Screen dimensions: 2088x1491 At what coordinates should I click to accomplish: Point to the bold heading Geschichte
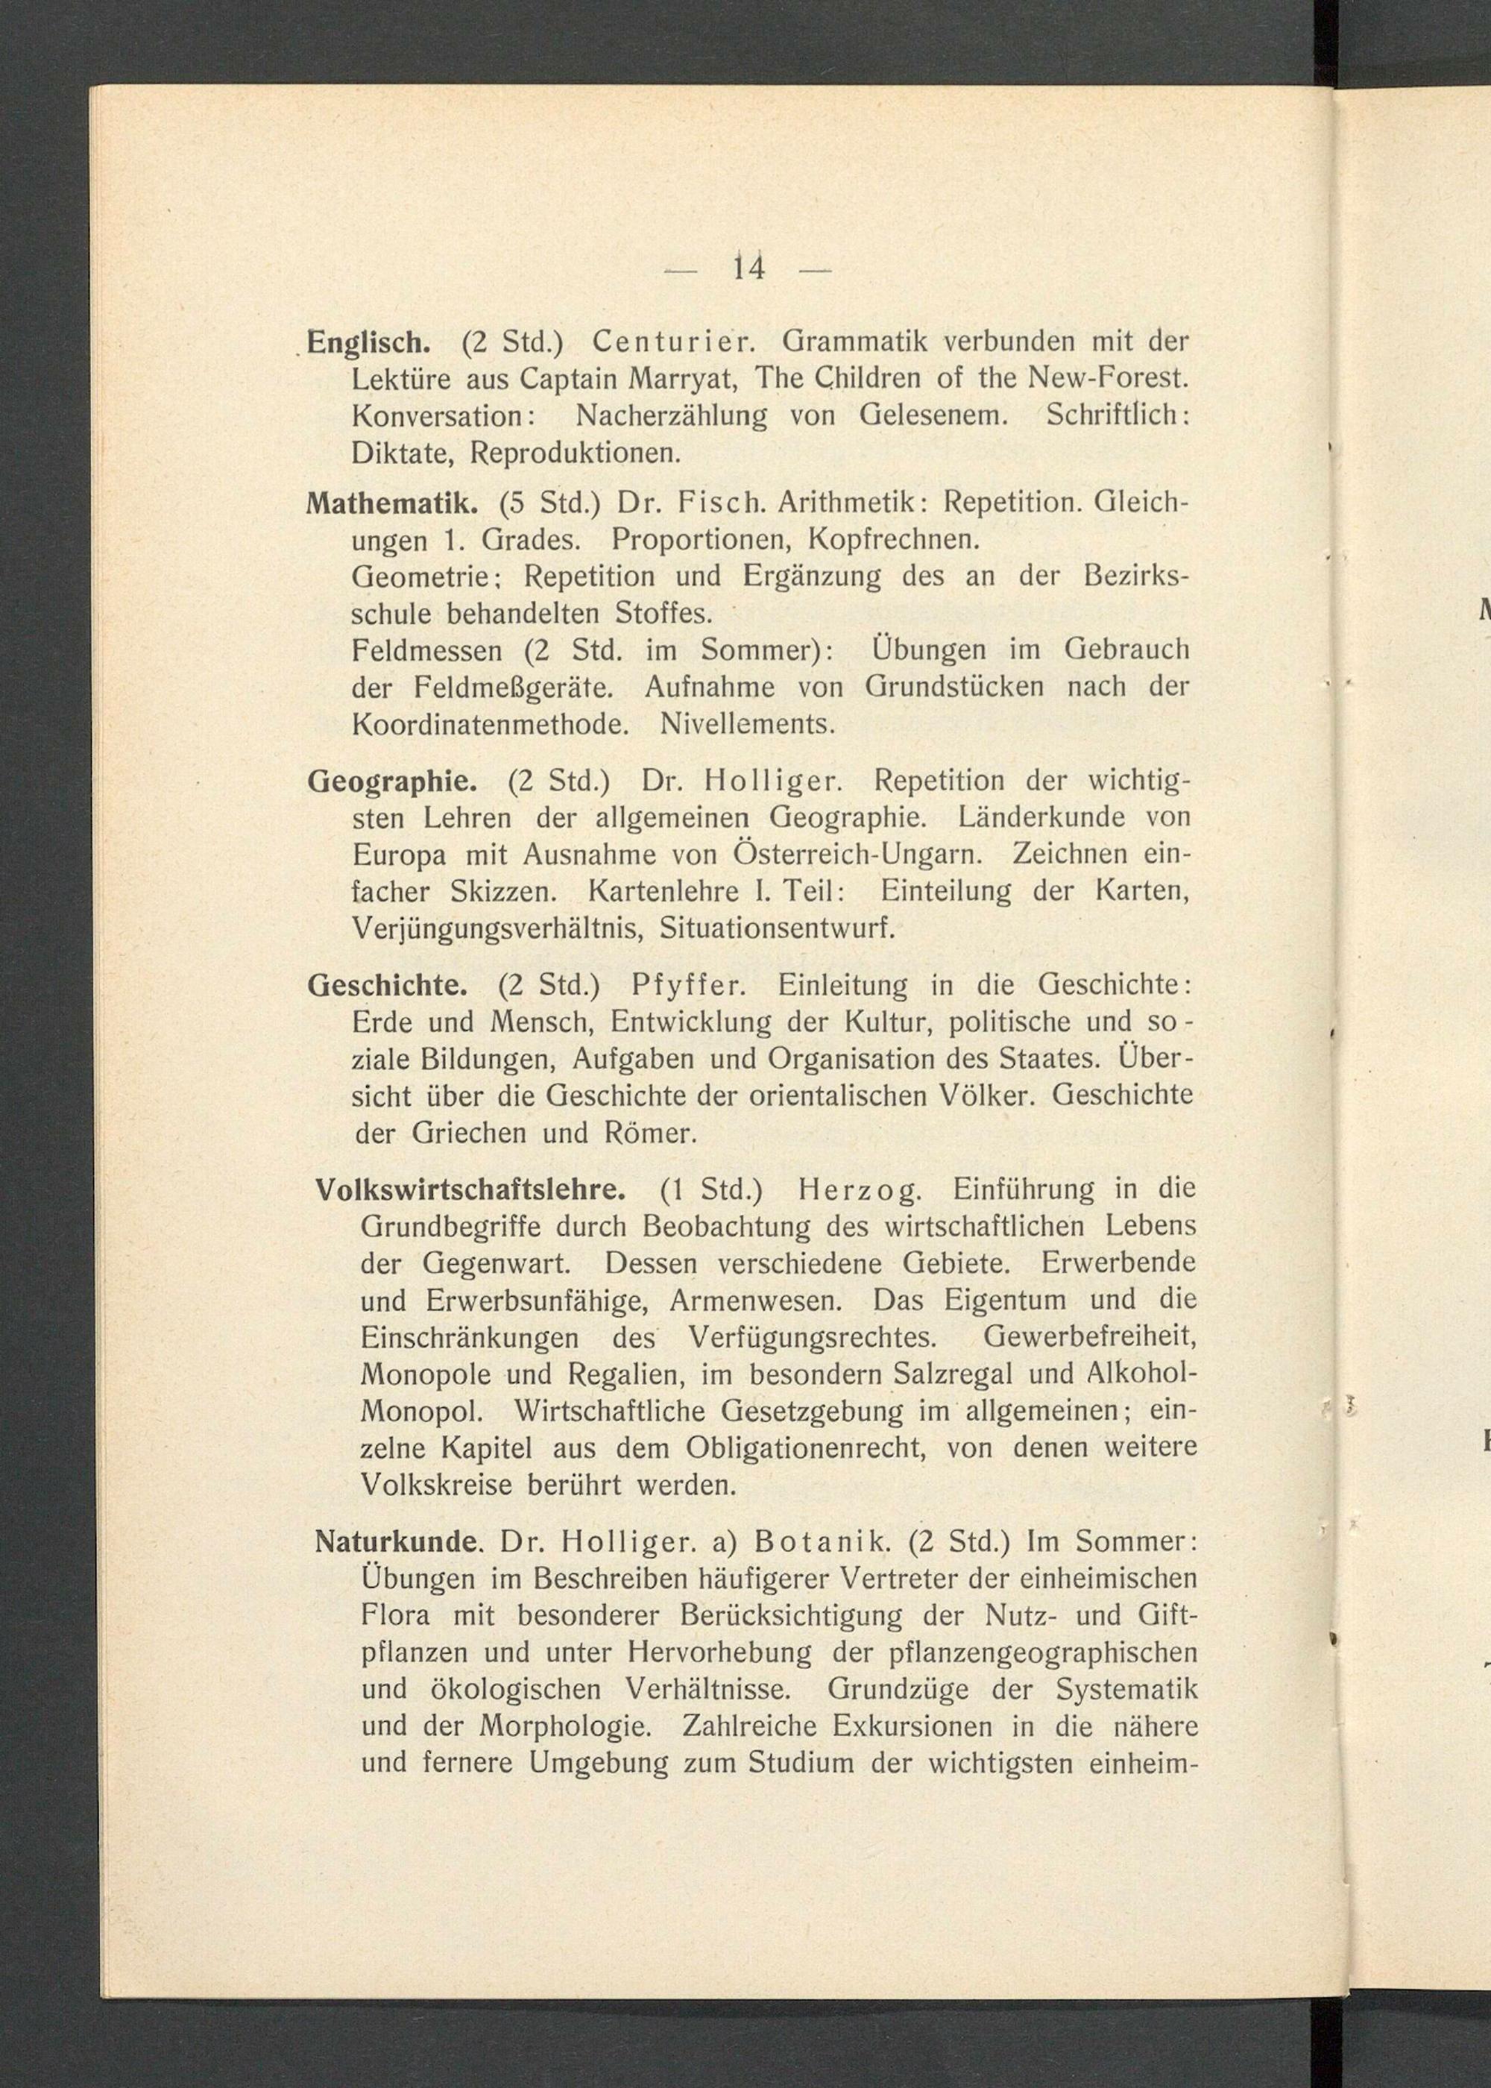[x=388, y=985]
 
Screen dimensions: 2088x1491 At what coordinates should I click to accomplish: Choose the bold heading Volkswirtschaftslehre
[x=471, y=1190]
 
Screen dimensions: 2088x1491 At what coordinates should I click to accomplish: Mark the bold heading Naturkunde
[x=398, y=1541]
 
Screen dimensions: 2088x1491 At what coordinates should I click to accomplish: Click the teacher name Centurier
[x=673, y=342]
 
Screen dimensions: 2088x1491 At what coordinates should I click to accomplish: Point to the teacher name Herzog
[x=860, y=1190]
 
